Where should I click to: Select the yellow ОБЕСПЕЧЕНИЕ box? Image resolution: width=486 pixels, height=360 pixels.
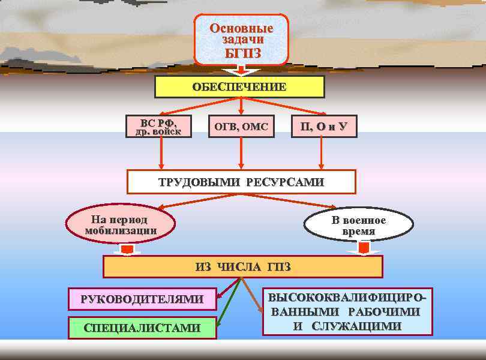point(239,86)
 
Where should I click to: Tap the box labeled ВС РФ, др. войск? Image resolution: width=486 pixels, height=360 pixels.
point(158,126)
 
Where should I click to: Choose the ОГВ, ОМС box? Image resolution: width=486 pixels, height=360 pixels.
point(241,127)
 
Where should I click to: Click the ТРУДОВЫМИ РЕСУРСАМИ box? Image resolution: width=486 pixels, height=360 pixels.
point(241,182)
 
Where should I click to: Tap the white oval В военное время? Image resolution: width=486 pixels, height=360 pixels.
point(359,226)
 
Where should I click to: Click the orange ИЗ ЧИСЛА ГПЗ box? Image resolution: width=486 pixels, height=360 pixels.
point(242,267)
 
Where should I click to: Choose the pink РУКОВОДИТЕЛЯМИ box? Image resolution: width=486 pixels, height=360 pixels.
point(142,298)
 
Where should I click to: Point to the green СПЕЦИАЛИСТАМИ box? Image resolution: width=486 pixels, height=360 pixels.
point(142,328)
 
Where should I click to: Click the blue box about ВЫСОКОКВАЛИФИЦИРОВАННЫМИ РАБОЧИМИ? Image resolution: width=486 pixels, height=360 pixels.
point(347,312)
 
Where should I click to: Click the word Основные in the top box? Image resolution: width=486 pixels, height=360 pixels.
point(241,28)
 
